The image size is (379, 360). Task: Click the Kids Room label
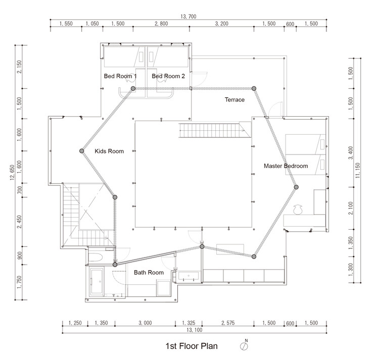point(109,151)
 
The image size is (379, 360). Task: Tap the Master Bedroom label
point(286,166)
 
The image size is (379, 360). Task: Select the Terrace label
point(234,99)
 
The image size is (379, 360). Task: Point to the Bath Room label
point(149,272)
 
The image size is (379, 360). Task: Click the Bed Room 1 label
point(120,76)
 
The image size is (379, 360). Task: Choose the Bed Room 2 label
point(168,76)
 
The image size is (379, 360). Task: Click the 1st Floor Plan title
point(192,346)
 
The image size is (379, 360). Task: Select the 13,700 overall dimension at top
point(188,17)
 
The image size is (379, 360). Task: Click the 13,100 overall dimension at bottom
point(195,330)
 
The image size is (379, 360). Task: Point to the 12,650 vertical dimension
point(12,172)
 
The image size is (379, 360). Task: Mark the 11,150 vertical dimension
point(358,171)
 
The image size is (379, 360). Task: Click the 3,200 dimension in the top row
point(222,24)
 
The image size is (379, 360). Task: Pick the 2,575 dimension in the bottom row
point(228,323)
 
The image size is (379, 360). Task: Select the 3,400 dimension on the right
point(351,153)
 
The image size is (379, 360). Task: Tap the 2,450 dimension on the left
point(19,222)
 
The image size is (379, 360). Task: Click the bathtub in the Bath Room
point(97,282)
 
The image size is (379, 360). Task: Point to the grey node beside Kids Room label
point(82,151)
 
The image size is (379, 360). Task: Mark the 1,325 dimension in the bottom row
point(188,323)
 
